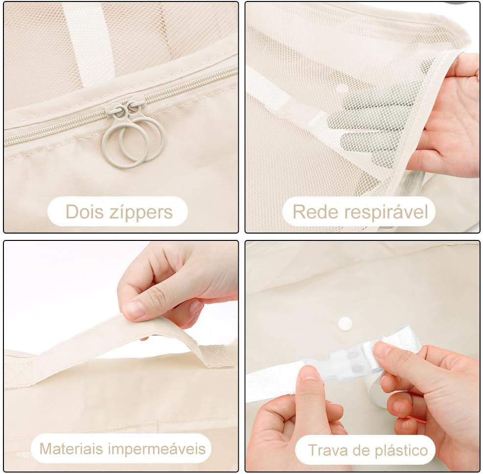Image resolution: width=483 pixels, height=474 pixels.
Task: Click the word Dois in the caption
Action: click(x=84, y=212)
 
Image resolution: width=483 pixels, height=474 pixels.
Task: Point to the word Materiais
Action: click(x=71, y=449)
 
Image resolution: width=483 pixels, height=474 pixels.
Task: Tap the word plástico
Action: click(x=401, y=451)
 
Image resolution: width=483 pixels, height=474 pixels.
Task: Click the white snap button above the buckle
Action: click(x=345, y=324)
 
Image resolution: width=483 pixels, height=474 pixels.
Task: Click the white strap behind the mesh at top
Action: click(x=89, y=43)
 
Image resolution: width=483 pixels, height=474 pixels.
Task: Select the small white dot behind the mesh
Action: click(x=341, y=88)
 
